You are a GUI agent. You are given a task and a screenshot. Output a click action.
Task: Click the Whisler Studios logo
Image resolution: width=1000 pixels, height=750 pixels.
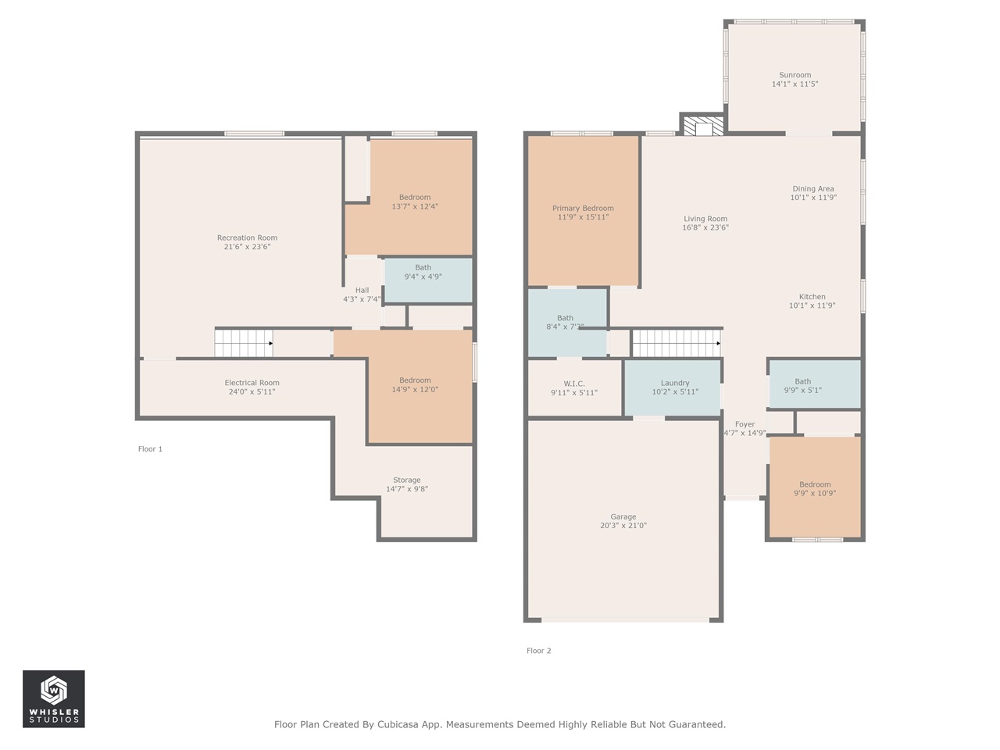click(54, 698)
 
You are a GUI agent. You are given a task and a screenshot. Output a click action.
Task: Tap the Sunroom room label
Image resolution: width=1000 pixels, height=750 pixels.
click(795, 75)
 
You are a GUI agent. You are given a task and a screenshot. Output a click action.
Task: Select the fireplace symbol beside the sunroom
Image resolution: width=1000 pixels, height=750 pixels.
click(703, 126)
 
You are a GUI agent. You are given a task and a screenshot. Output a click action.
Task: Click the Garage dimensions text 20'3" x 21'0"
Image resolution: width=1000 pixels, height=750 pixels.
click(623, 525)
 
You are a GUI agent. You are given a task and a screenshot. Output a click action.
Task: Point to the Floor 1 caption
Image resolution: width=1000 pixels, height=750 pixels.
click(150, 449)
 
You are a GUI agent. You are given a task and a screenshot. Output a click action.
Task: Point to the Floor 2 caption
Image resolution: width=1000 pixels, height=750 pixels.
click(538, 651)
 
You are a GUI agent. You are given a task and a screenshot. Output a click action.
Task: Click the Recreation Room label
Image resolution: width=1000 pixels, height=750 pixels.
click(247, 237)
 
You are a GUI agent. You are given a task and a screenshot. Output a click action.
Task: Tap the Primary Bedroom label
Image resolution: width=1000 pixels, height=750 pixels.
click(583, 208)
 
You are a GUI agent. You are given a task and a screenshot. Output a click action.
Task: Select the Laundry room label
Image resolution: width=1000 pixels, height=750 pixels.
click(675, 384)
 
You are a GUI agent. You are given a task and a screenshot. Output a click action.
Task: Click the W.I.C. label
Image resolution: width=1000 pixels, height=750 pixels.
click(574, 384)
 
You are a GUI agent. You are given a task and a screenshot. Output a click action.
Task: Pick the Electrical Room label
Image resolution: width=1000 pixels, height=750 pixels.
click(252, 383)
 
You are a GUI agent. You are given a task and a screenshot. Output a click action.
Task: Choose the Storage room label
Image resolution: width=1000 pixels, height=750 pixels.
click(407, 480)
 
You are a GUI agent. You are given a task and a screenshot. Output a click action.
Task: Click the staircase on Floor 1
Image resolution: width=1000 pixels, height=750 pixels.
click(244, 343)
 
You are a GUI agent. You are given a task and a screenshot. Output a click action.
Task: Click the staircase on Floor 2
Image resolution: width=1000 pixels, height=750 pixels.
click(677, 343)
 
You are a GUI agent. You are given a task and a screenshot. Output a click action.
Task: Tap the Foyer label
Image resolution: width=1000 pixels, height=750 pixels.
click(745, 424)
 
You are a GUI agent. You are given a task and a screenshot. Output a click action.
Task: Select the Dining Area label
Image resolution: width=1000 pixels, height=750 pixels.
click(813, 188)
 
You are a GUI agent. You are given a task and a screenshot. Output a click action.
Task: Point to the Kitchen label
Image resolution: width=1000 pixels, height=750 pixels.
click(812, 297)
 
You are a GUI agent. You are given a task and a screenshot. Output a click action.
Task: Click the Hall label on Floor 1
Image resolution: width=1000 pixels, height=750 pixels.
click(362, 290)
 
